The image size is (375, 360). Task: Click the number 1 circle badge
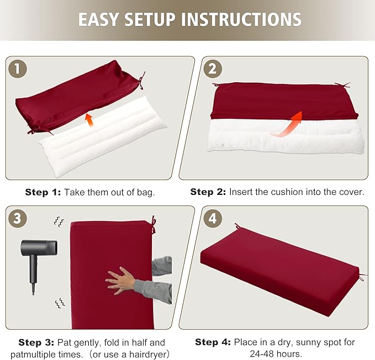(18, 69)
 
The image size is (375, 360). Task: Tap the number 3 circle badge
(18, 218)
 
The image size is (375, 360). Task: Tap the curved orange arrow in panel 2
(287, 123)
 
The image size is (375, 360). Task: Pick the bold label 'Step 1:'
(43, 193)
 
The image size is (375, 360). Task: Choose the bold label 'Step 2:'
(208, 192)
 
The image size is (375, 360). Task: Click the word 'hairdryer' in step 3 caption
(142, 354)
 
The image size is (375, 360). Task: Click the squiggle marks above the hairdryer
(58, 222)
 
